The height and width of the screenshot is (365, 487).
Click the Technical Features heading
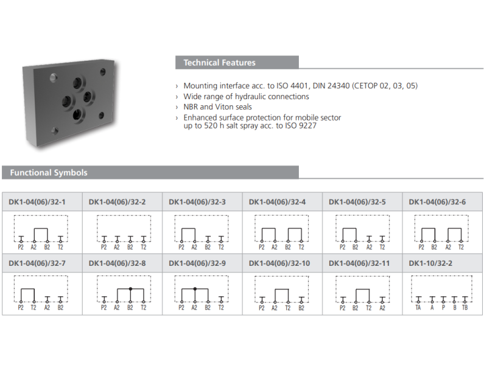point(219,63)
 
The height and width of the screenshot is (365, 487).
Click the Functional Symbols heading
point(49,173)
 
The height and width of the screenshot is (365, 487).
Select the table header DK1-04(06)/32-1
point(37,202)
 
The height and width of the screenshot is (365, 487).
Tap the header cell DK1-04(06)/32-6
point(437,202)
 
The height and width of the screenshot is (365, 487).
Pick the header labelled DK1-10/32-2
point(430,263)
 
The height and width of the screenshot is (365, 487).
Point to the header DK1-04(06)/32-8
point(117,263)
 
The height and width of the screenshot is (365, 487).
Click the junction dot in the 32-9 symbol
point(195,289)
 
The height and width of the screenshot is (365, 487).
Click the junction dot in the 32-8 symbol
point(130,289)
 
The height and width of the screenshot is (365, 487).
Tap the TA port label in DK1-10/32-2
point(418,308)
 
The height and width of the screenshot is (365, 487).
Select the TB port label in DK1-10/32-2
point(464,308)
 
